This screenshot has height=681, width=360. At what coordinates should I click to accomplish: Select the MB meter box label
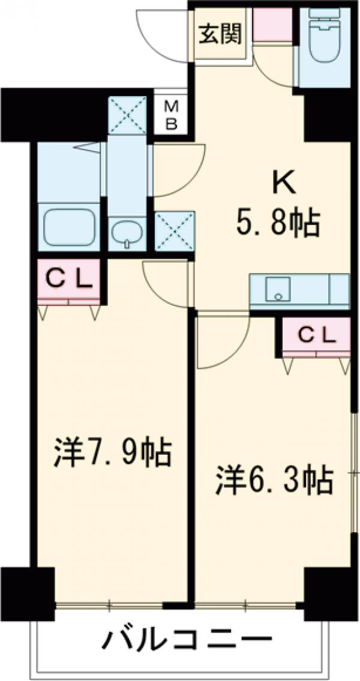point(172,115)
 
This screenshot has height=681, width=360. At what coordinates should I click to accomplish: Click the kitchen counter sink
point(277,289)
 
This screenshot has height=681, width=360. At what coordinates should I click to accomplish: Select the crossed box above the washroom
point(127,114)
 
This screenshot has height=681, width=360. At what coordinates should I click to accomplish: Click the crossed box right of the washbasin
point(174,231)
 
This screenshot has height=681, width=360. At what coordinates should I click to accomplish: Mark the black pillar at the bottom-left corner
point(26,591)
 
